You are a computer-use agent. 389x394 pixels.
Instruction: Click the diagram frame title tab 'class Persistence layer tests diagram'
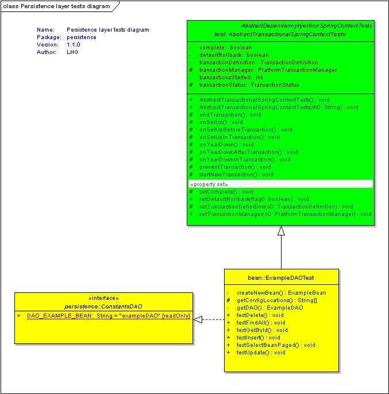[56, 6]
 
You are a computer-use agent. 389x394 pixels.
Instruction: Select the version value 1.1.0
[74, 45]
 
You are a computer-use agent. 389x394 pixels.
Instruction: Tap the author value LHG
[72, 52]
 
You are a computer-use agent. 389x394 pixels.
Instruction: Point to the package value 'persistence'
[82, 37]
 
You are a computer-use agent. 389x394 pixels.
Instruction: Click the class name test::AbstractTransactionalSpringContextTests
[280, 34]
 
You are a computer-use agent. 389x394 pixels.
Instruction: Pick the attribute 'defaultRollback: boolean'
[234, 55]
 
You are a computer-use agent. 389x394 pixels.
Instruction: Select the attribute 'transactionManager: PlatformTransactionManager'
[268, 70]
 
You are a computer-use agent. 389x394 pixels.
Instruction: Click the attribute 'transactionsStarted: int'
[231, 78]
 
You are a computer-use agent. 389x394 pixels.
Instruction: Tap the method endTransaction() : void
[230, 115]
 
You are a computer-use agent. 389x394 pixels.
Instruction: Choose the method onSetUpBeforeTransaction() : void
[246, 130]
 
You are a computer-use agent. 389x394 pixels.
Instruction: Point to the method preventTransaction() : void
[235, 167]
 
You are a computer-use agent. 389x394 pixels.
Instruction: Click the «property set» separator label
[209, 184]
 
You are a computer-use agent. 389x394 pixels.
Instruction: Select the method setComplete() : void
[226, 192]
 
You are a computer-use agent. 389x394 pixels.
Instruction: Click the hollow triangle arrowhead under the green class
[281, 230]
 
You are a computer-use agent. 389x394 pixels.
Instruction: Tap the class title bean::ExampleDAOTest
[281, 277]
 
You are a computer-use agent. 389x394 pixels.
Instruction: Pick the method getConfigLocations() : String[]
[277, 300]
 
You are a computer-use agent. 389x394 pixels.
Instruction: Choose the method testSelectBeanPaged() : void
[276, 345]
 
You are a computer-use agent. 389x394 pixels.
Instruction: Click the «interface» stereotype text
[103, 298]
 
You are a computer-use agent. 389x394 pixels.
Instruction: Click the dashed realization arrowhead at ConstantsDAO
[198, 319]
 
